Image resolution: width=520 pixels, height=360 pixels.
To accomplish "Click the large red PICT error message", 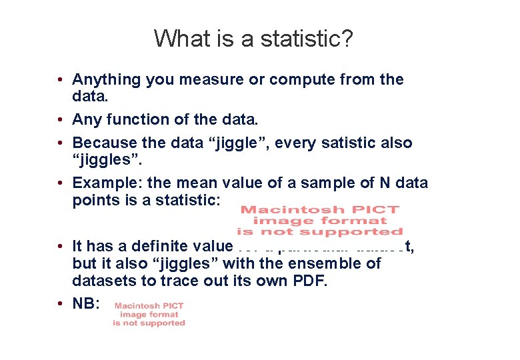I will pos(319,221).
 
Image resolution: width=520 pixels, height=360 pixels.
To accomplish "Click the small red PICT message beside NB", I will pos(149,314).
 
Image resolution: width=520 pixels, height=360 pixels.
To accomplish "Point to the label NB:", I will pos(86,303).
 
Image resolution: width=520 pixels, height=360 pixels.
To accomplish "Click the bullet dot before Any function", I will pos(60,120).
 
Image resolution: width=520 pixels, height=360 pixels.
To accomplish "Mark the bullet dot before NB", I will pos(60,303).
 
